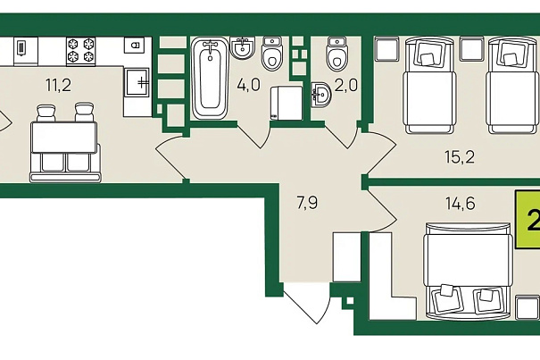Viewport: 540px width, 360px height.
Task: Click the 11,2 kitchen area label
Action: coord(59,85)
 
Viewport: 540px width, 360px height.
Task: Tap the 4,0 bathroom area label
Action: coord(248,85)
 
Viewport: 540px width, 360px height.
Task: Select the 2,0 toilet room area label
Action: coord(346,86)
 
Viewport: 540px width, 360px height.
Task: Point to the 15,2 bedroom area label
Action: coord(460,157)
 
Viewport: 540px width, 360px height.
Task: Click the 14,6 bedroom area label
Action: coord(461,204)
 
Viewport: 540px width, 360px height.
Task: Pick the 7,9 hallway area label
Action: coord(307,203)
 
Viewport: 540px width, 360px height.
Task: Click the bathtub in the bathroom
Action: coord(210,79)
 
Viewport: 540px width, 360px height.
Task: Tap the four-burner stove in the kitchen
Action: coord(81,52)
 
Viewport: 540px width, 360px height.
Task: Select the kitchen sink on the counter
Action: coord(137,82)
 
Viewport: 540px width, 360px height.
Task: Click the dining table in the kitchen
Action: coord(63,138)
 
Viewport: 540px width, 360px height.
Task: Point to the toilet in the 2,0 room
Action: coord(336,54)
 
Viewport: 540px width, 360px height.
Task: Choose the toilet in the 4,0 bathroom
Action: coord(271,53)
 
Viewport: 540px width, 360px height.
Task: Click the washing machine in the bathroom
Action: coord(287,103)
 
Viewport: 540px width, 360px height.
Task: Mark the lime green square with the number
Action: coord(528,220)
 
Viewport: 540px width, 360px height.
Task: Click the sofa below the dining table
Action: coord(65,166)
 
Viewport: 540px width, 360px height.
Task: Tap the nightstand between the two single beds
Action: coord(472,49)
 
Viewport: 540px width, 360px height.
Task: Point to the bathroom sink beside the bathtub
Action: coord(243,47)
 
